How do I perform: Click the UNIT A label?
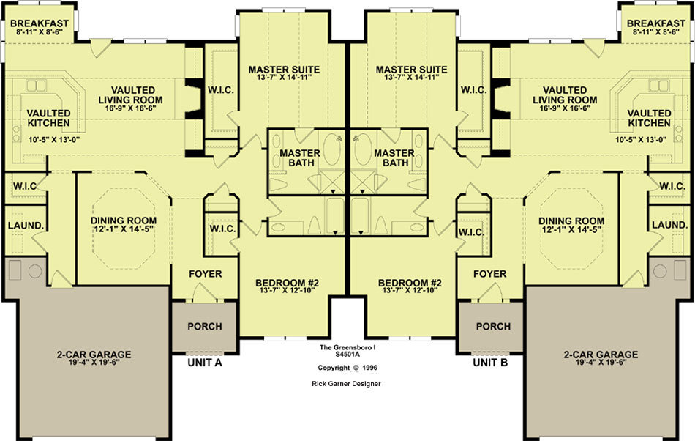pos(205,363)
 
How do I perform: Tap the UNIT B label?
pos(490,363)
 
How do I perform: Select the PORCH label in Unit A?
pos(205,327)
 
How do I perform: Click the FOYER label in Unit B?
pos(489,274)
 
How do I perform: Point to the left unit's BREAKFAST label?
pos(40,23)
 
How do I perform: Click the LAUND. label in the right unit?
pos(670,226)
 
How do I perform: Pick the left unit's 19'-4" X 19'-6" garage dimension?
pos(94,362)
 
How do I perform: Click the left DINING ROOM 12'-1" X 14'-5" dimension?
pos(123,229)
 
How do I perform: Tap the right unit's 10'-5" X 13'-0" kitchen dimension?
pos(641,140)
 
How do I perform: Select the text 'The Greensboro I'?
pos(347,347)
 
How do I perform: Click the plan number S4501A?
pos(347,354)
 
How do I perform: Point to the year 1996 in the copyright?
pos(369,368)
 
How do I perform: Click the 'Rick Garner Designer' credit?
pos(346,384)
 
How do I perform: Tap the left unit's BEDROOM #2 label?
pos(288,283)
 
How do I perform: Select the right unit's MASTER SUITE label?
pos(412,70)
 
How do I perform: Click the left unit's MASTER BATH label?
pos(300,158)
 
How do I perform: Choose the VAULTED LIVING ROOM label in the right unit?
pos(565,95)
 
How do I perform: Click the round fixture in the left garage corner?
pos(35,270)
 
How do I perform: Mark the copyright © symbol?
pos(356,368)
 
